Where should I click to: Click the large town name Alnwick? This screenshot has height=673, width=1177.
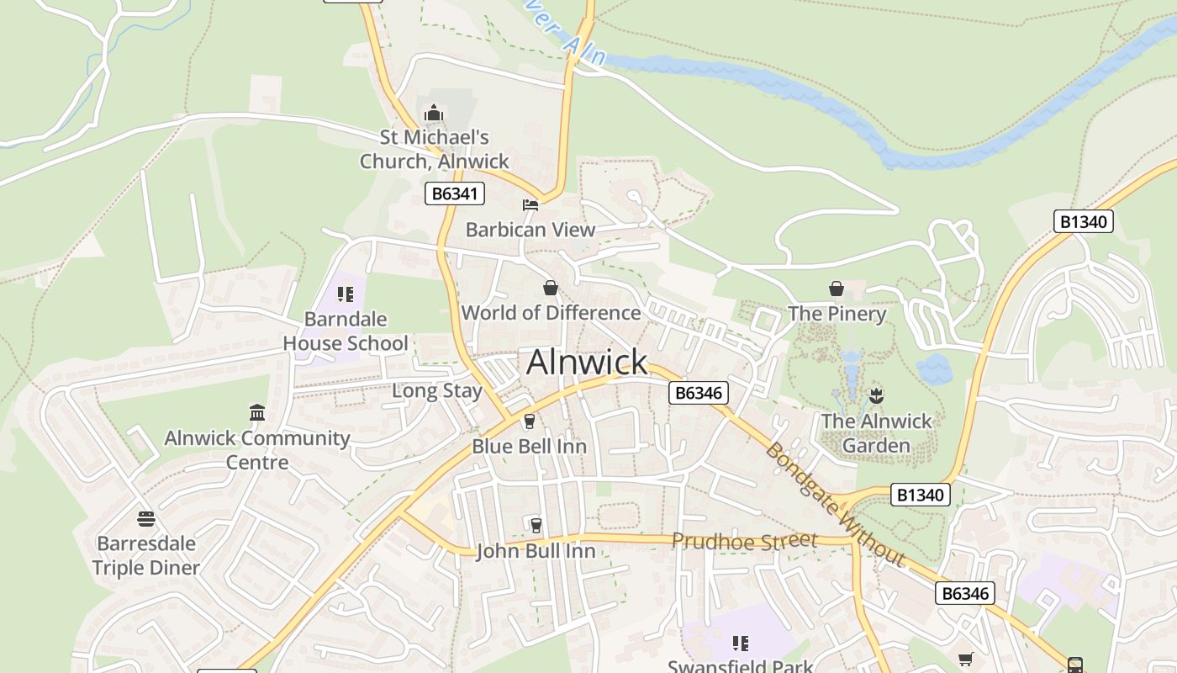coord(587,362)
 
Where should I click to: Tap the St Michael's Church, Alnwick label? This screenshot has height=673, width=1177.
coord(435,149)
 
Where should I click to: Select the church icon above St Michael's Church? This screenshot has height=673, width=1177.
coord(434,114)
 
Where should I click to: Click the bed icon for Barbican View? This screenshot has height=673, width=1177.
coord(530,204)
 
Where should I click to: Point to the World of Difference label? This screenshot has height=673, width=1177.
coord(551,313)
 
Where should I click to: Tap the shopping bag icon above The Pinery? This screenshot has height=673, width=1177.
coord(837,289)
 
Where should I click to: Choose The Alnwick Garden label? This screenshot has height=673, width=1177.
coord(877,433)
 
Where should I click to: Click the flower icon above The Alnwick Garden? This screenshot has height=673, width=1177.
coord(876,395)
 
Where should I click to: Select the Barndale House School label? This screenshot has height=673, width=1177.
coord(346,331)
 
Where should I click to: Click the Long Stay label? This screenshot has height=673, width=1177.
coord(437,391)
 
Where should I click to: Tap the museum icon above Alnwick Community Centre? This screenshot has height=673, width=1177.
coord(257,412)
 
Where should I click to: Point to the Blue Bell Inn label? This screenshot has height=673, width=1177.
coord(529,446)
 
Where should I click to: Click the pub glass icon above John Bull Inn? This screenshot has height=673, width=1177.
coord(536,526)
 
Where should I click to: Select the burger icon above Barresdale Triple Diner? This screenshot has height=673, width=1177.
coord(146,518)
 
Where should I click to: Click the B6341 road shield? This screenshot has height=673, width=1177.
coord(455,194)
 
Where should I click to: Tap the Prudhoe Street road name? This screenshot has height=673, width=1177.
coord(744,541)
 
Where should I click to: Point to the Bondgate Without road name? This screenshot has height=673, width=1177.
coord(834,504)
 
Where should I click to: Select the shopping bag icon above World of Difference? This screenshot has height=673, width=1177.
coord(551,289)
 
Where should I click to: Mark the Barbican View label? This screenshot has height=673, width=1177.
coord(530,230)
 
